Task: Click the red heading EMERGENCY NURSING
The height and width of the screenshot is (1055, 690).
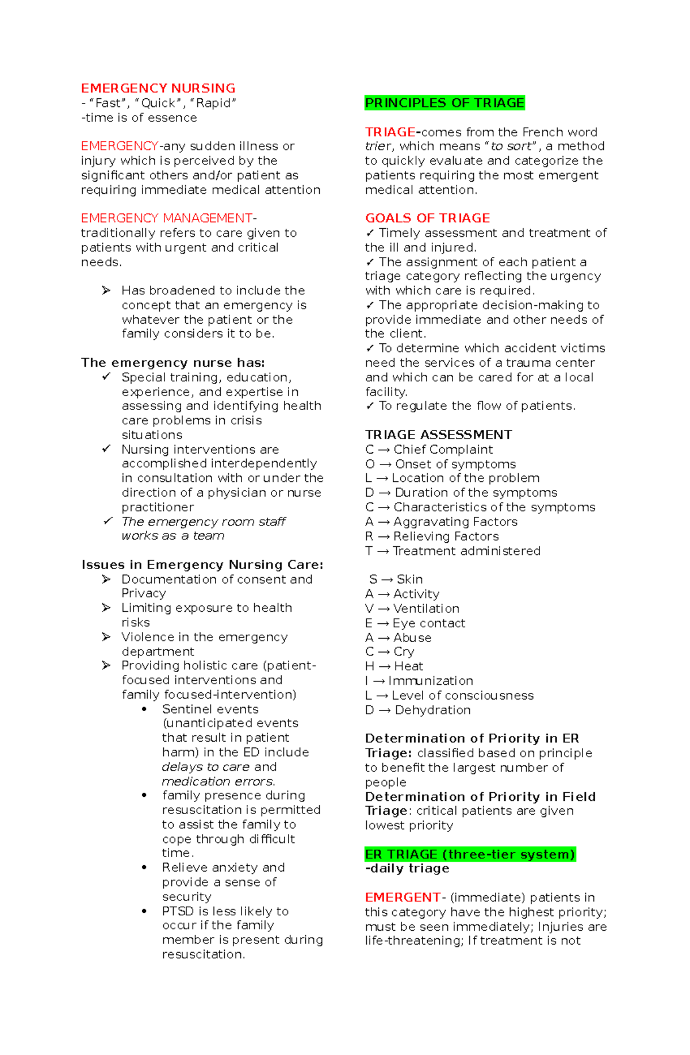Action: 158,89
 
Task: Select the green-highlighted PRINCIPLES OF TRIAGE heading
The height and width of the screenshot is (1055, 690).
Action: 444,103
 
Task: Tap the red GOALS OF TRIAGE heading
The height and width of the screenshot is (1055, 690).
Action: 427,218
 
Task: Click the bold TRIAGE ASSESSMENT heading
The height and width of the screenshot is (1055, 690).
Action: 438,435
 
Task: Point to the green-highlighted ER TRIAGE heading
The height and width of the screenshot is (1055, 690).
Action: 470,854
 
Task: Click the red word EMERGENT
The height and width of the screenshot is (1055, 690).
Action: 402,897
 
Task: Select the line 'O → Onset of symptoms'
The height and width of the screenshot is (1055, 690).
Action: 440,464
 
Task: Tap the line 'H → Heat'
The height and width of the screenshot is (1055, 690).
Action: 394,666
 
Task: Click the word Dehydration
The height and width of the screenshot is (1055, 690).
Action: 432,710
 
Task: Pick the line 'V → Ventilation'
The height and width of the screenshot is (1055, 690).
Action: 412,608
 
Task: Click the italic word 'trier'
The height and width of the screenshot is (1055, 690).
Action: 378,147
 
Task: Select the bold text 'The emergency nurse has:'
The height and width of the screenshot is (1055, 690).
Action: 172,363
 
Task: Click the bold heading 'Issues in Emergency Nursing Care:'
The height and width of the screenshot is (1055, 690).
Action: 202,565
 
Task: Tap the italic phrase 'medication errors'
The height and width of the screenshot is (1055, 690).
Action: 217,781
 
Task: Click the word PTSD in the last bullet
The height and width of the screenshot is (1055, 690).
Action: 178,911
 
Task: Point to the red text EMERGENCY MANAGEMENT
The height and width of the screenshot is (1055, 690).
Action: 167,218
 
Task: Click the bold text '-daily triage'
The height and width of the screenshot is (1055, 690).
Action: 407,869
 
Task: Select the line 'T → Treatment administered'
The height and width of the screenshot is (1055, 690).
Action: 453,551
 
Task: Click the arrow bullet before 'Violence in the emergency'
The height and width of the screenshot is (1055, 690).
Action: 106,637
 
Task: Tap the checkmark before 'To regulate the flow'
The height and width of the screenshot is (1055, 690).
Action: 370,406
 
